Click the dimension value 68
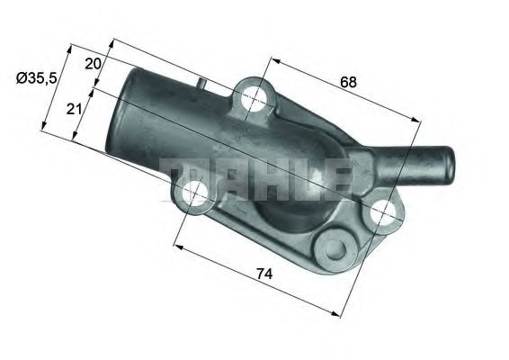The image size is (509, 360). click(x=349, y=82)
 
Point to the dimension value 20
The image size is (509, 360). click(x=93, y=64)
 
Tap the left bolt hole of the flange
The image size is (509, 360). click(x=194, y=193)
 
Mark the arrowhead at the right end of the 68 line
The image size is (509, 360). click(x=419, y=122)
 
